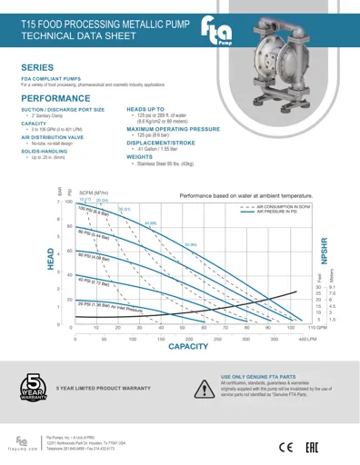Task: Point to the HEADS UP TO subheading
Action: point(145,107)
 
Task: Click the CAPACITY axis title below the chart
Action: point(188,347)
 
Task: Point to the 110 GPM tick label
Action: point(317,327)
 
